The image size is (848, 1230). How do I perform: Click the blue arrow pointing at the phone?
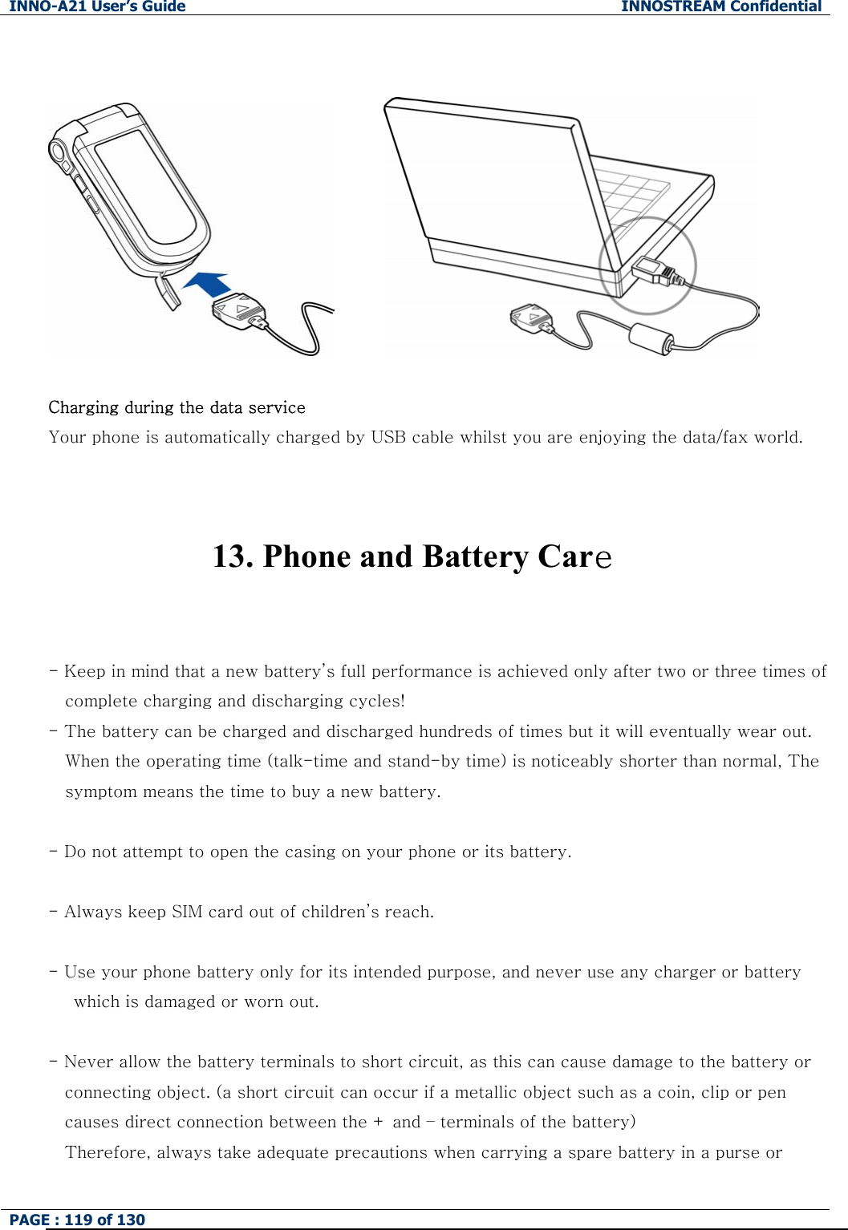[207, 285]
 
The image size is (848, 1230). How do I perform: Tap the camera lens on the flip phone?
[57, 151]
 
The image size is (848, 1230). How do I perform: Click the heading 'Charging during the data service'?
[176, 407]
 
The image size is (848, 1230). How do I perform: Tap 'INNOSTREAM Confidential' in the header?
[720, 6]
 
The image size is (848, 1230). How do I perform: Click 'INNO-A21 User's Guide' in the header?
[97, 6]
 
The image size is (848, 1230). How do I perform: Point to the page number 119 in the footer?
[78, 1220]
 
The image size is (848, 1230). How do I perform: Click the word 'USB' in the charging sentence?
[388, 437]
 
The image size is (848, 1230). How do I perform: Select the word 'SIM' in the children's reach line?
[187, 912]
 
